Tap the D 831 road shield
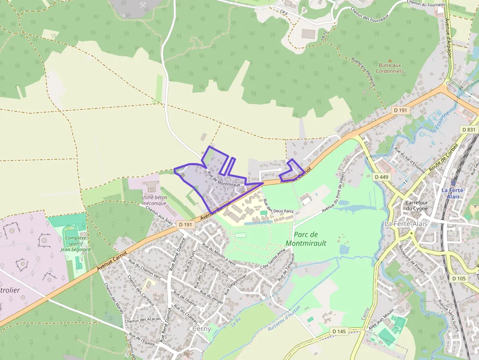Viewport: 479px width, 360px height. (x=469, y=129)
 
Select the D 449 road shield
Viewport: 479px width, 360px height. (x=381, y=176)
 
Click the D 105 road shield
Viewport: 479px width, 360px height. (x=459, y=278)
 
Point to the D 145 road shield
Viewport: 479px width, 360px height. (x=339, y=331)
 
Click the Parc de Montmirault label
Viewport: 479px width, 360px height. (x=305, y=238)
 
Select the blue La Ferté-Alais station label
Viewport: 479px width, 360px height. (x=452, y=192)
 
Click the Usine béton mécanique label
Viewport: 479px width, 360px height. (x=155, y=200)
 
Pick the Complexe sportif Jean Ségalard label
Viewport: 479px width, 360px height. (x=76, y=243)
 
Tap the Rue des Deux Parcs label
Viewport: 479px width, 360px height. (x=278, y=206)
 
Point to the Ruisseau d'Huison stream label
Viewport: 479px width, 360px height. (x=284, y=322)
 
